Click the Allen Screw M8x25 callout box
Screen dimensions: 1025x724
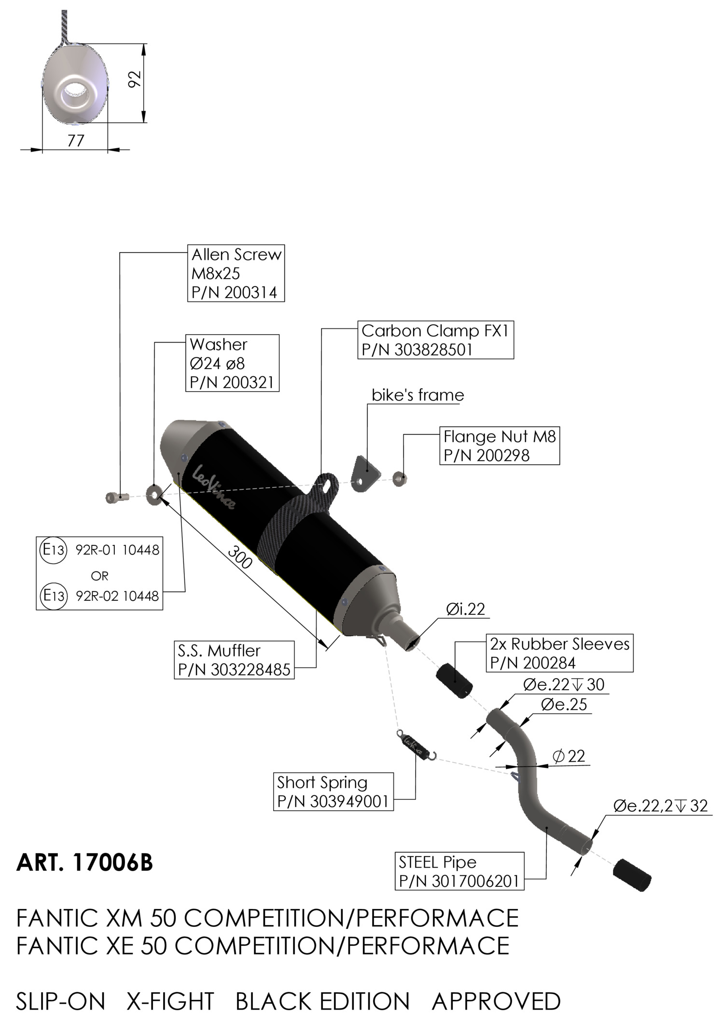click(236, 273)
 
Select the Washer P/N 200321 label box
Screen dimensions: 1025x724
click(232, 363)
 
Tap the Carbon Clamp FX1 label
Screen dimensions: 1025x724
click(435, 340)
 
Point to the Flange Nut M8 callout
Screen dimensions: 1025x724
click(499, 446)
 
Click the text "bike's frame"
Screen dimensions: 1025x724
click(418, 395)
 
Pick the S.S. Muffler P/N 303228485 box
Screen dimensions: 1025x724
click(234, 660)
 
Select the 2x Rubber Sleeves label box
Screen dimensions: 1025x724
click(559, 653)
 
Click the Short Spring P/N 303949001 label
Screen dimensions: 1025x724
click(333, 792)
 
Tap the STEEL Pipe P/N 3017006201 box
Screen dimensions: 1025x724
click(459, 871)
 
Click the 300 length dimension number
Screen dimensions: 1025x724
click(240, 557)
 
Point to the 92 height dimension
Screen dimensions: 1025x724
click(135, 79)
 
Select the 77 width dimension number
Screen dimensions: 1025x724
click(76, 141)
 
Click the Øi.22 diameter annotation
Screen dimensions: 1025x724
click(465, 610)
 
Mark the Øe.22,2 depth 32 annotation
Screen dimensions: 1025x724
click(660, 806)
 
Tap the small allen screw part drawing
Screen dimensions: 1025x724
click(116, 497)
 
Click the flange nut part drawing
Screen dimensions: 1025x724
click(400, 479)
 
